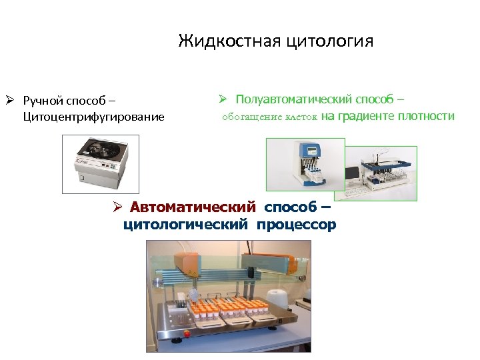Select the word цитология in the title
[x=329, y=41]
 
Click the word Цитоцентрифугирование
[x=93, y=117]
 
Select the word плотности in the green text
[x=426, y=117]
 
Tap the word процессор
[x=297, y=225]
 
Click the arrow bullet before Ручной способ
[x=9, y=101]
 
